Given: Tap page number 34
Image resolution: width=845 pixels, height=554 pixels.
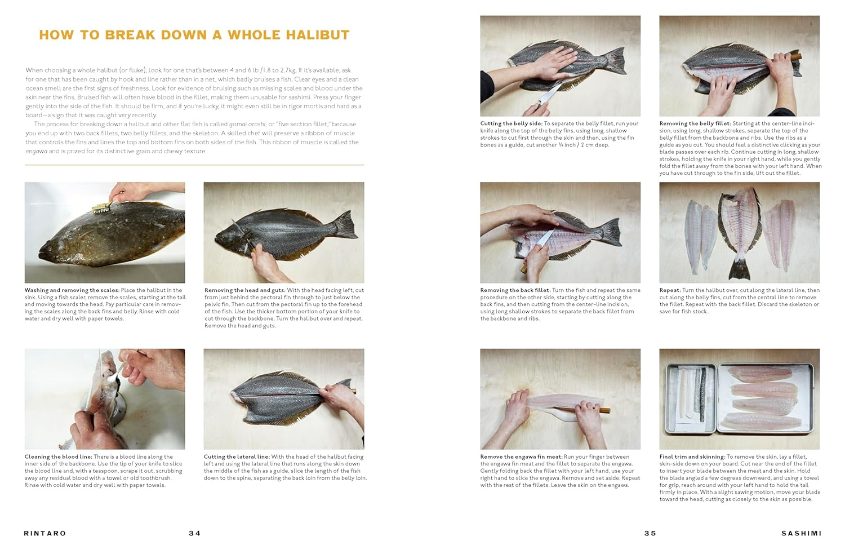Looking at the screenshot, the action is pos(195,533).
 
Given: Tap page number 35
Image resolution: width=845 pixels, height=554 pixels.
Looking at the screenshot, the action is pos(650,533).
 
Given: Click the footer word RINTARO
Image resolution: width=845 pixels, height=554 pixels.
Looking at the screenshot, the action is pos(45,533).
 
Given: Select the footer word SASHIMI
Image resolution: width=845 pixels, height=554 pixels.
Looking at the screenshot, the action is pos(801,533).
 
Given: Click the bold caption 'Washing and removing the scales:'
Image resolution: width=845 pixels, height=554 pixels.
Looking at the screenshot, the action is pos(72,290).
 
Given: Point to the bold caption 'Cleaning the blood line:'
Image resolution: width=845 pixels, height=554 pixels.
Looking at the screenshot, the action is pos(59,457).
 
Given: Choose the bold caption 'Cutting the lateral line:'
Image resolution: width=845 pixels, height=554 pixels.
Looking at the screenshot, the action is pos(237,457).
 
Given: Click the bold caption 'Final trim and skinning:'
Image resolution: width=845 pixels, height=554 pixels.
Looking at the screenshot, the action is pos(692,457).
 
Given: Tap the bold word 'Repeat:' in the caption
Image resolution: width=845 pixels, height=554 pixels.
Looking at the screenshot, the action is pos(670,290).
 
